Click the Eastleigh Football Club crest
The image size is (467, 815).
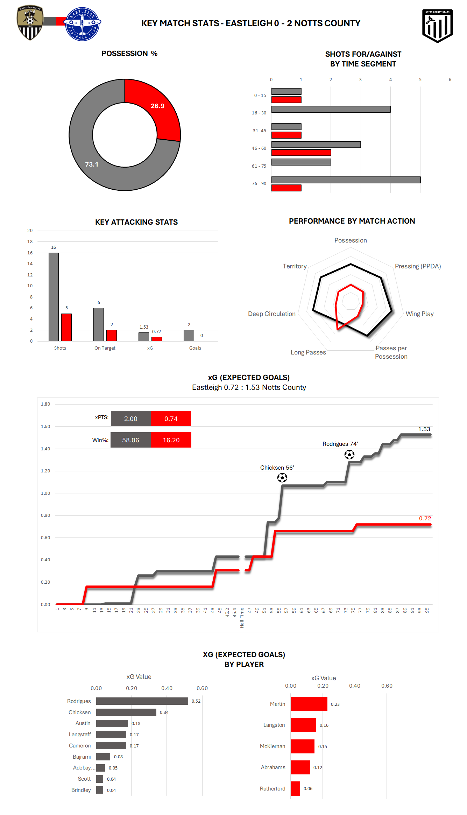pos(82,24)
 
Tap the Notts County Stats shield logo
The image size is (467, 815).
pos(437,26)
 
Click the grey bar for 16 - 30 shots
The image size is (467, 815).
pos(331,109)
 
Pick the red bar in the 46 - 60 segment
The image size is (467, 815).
pos(301,153)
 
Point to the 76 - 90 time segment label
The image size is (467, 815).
pos(259,183)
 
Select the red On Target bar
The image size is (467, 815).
pos(112,335)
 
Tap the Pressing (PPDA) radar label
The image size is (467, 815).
pos(418,266)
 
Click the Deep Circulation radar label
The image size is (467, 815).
pos(271,314)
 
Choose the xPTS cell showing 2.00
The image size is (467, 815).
pos(131,419)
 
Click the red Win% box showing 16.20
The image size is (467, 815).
pos(171,440)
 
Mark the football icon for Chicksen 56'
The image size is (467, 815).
pos(282,478)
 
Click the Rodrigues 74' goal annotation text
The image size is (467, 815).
pos(340,444)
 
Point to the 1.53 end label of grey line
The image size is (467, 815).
pos(424,429)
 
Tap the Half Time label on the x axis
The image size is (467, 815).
pos(242,618)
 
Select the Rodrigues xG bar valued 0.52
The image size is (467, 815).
pos(142,701)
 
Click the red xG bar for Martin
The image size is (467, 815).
pos(309,704)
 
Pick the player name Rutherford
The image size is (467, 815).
pos(273,788)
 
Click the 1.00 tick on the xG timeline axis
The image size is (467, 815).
pos(45,493)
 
